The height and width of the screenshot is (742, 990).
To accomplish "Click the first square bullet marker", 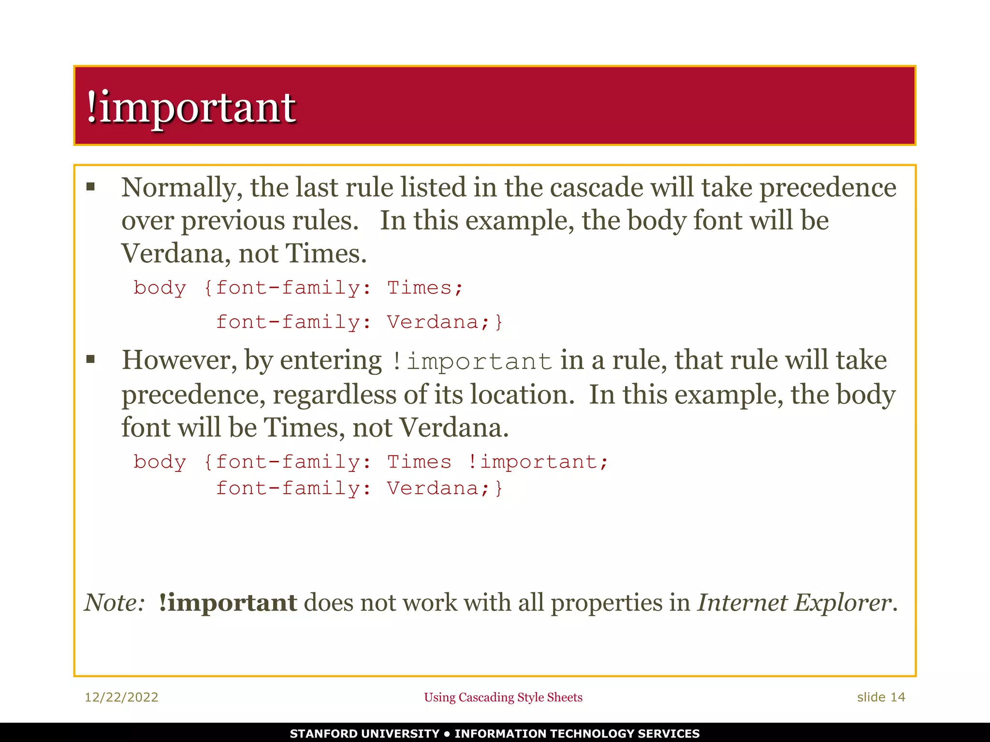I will pyautogui.click(x=90, y=187).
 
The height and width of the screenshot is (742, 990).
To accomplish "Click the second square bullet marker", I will pyautogui.click(x=90, y=359).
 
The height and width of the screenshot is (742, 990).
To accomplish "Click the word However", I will pyautogui.click(x=179, y=360).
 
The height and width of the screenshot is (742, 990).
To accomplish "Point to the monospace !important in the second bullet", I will pyautogui.click(x=472, y=362).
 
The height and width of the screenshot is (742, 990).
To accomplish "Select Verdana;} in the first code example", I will pyautogui.click(x=445, y=322).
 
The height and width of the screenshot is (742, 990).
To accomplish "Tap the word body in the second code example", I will pyautogui.click(x=160, y=462).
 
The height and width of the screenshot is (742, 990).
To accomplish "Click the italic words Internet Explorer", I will pyautogui.click(x=795, y=602).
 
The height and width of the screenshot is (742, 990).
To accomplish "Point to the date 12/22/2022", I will pyautogui.click(x=121, y=697).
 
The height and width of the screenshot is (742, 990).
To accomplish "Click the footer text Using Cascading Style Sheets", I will pyautogui.click(x=503, y=697).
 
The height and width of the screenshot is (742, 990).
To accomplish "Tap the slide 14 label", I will pyautogui.click(x=881, y=697).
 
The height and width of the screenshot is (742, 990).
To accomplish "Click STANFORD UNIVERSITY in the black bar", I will pyautogui.click(x=364, y=733).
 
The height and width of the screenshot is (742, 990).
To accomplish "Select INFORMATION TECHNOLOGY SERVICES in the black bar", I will pyautogui.click(x=577, y=733).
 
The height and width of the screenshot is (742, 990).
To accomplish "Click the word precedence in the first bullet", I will pyautogui.click(x=828, y=187).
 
